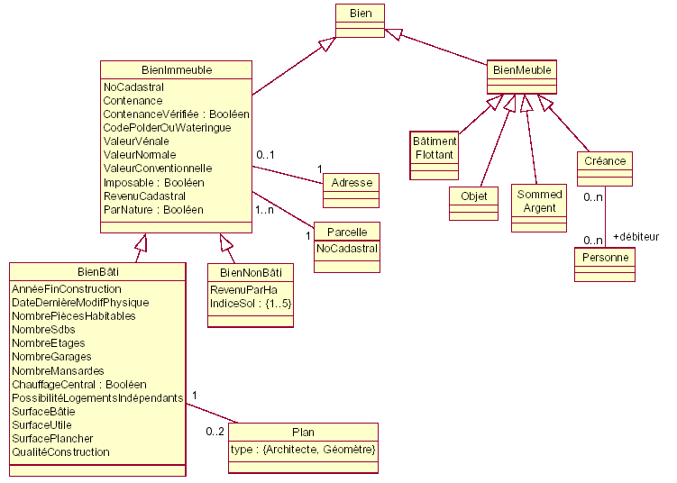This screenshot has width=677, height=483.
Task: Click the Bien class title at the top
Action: tap(360, 13)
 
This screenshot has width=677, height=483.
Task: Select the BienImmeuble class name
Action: tap(175, 69)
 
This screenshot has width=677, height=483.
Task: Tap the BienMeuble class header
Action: tap(520, 69)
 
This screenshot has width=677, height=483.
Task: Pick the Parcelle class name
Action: tap(347, 232)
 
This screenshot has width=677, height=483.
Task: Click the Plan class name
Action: tap(303, 433)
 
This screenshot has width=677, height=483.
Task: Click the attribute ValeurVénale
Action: tap(136, 141)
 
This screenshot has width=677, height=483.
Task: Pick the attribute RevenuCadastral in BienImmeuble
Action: tap(144, 196)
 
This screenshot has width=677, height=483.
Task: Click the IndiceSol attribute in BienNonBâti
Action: tap(251, 304)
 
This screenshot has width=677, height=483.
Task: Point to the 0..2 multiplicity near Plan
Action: tap(215, 432)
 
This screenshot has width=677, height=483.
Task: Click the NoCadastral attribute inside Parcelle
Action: tap(347, 247)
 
